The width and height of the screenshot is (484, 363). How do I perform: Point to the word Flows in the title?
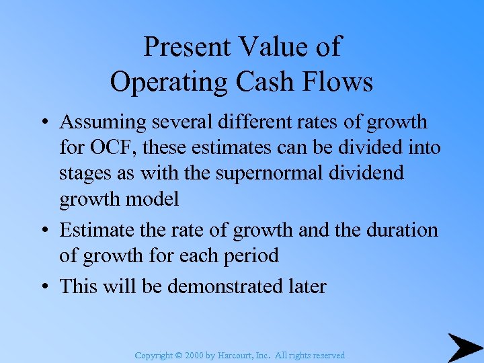(339, 82)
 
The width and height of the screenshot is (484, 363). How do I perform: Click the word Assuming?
(102, 123)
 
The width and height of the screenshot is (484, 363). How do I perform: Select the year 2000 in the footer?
(196, 355)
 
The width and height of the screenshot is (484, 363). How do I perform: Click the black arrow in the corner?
(465, 347)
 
